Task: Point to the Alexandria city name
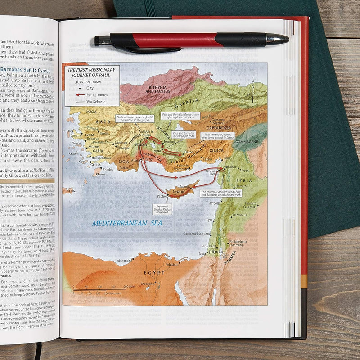click(x=124, y=261)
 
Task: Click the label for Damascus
click(x=240, y=215)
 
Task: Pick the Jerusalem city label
click(x=208, y=246)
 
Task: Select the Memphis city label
click(x=147, y=284)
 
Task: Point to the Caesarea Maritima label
click(x=197, y=234)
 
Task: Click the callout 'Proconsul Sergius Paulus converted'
click(x=162, y=209)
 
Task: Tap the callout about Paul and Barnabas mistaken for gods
click(x=183, y=135)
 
